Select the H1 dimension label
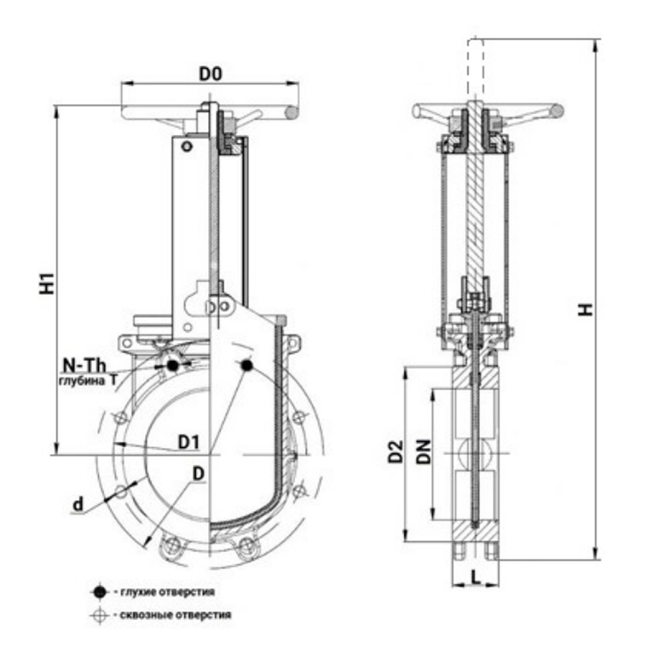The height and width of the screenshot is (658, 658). pos(46,282)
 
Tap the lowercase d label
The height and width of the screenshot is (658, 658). pos(78,505)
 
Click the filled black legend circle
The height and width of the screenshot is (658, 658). pos(99,592)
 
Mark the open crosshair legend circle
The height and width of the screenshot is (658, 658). pos(99,616)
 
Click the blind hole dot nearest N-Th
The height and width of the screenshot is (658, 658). pos(172,365)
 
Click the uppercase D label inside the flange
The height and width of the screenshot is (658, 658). pos(197,472)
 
